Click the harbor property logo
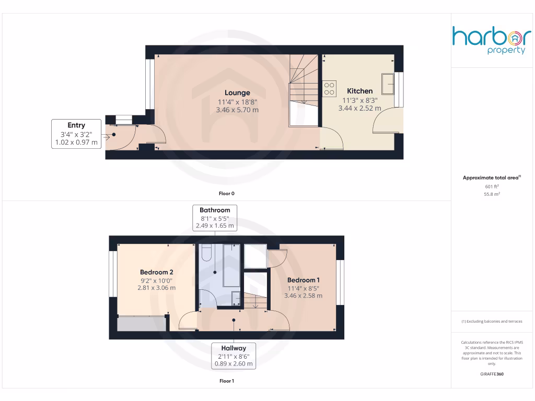pyautogui.click(x=492, y=40)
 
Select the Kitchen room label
pyautogui.click(x=360, y=91)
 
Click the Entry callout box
pyautogui.click(x=76, y=134)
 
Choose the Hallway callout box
pyautogui.click(x=233, y=356)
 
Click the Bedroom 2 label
pyautogui.click(x=156, y=272)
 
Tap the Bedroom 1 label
pyautogui.click(x=303, y=280)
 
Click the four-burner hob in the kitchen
pyautogui.click(x=329, y=88)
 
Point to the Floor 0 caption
pyautogui.click(x=226, y=194)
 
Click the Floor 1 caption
pyautogui.click(x=226, y=381)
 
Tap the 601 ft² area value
pyautogui.click(x=492, y=186)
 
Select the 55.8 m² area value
pyautogui.click(x=492, y=194)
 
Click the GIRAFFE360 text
pyautogui.click(x=492, y=374)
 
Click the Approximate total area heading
pyautogui.click(x=492, y=178)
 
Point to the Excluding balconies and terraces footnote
pyautogui.click(x=492, y=322)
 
